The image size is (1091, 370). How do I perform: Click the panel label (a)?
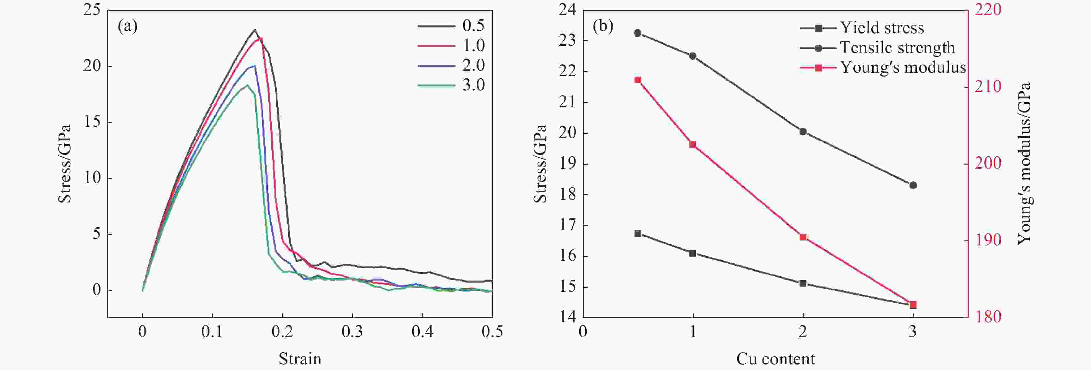tap(127, 27)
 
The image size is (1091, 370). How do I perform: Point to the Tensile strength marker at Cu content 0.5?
tap(638, 33)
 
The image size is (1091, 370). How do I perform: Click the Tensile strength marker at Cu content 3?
tap(913, 185)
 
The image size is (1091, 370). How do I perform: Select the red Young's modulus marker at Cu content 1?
tap(693, 145)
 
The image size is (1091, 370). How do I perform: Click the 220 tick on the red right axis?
tap(988, 10)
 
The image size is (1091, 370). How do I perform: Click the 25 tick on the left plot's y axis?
tap(92, 10)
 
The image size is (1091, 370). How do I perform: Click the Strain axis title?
tap(300, 359)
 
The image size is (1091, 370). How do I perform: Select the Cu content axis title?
tap(775, 359)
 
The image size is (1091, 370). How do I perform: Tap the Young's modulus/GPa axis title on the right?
tap(1024, 163)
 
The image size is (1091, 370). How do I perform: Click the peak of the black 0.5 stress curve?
tap(255, 30)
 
